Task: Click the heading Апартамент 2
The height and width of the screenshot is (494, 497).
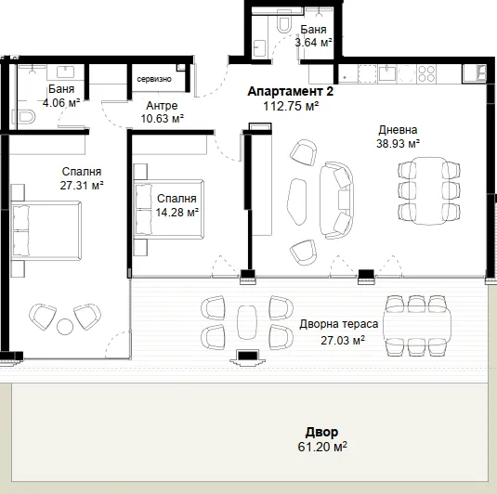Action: point(291,92)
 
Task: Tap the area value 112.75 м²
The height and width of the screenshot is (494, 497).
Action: point(291,106)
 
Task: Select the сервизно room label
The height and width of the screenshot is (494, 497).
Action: point(154,79)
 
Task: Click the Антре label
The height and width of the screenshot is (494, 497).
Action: point(162,106)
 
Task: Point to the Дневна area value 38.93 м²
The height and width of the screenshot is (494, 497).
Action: point(399,144)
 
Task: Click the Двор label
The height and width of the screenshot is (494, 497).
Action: point(321,432)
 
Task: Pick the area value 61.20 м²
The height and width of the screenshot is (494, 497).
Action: point(322,447)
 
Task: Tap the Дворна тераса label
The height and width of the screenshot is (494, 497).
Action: point(339,324)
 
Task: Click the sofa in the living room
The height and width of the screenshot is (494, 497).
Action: point(336,201)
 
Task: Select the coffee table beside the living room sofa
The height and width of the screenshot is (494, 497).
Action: point(297,201)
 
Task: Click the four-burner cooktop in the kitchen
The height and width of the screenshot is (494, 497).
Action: point(426,74)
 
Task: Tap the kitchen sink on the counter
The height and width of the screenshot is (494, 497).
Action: point(386,74)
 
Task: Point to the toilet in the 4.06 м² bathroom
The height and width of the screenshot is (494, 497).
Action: point(23,116)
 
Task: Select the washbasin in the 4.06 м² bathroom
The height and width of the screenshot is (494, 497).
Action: point(66,71)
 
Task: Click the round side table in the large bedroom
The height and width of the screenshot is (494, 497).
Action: point(65,326)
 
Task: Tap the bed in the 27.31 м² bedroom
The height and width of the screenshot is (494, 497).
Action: point(46,230)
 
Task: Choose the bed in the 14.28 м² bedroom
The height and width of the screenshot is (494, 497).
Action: point(169,210)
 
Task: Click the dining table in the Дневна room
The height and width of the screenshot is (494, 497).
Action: point(428,190)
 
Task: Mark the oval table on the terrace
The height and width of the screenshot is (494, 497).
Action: point(247,322)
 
